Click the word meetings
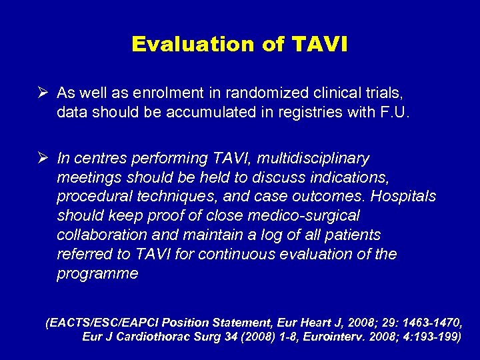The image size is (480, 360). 88,178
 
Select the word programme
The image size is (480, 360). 97,274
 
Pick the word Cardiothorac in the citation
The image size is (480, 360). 159,337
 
